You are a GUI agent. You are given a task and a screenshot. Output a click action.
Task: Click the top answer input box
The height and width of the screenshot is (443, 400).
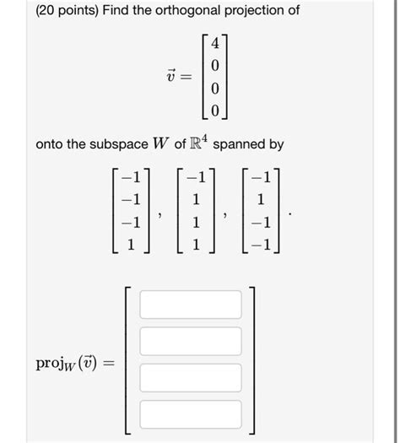(x=191, y=304)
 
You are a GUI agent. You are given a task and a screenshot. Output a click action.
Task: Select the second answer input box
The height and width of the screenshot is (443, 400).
(x=191, y=341)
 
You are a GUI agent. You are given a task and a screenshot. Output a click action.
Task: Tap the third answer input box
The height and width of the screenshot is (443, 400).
(x=191, y=378)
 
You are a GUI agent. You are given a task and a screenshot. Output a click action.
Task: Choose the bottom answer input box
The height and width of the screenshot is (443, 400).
(x=191, y=414)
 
